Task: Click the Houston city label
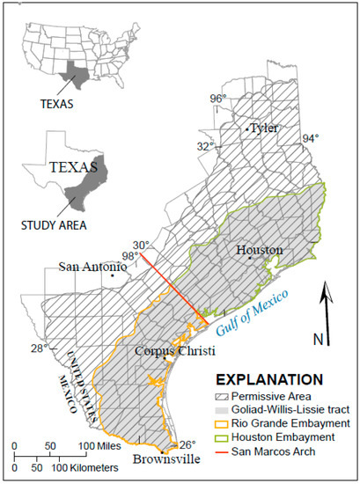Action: [259, 251]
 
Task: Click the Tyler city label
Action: [264, 128]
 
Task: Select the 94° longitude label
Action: [310, 138]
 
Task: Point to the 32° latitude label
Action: [205, 146]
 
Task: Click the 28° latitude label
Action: [39, 348]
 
